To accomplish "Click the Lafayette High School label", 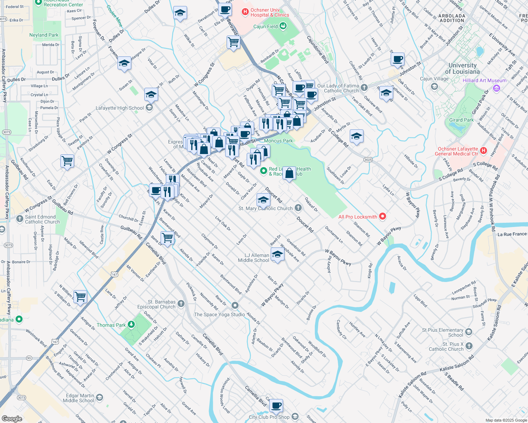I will click(x=120, y=108).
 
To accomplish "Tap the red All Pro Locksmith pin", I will click(x=383, y=216).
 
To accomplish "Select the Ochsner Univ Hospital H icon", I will click(x=245, y=12).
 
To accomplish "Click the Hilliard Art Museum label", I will click(x=484, y=80).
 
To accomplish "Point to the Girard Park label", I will click(x=461, y=120).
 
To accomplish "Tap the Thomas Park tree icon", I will click(x=131, y=324).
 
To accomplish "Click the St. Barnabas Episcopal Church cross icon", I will click(x=181, y=304).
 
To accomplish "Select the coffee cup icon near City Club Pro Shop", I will click(x=276, y=406).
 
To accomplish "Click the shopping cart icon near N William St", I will click(x=80, y=296).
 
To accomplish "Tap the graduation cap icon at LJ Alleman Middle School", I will click(x=277, y=255).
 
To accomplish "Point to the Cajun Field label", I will click(x=265, y=26).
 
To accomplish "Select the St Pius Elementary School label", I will click(x=443, y=332).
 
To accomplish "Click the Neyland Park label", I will click(x=44, y=35).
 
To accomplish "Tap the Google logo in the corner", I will click(x=12, y=418).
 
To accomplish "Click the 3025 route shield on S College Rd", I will click(x=368, y=160).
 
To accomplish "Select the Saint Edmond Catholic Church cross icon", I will click(x=20, y=219).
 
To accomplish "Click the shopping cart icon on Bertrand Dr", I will click(x=233, y=42).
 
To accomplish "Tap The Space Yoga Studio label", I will click(x=219, y=314).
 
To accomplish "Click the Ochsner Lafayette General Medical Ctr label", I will click(x=457, y=151).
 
